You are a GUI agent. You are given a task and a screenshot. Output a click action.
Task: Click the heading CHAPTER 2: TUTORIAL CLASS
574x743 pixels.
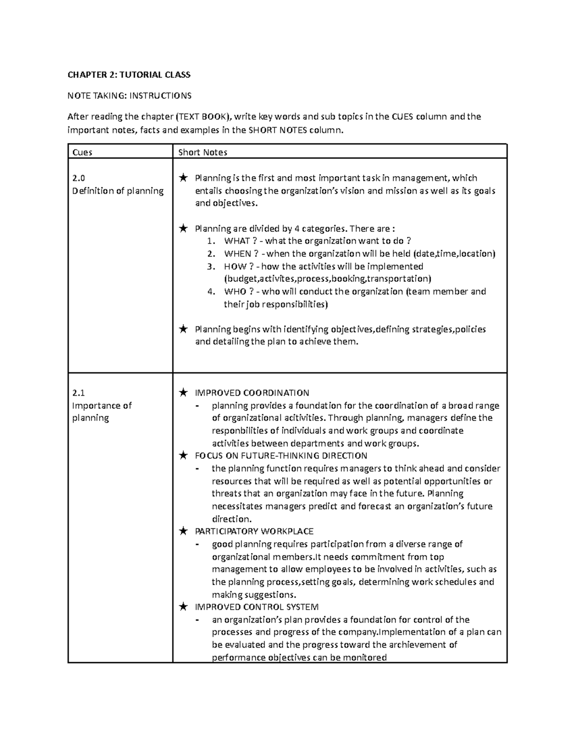[x=129, y=75]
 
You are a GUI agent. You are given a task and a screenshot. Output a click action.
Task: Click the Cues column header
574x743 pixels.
[x=82, y=152]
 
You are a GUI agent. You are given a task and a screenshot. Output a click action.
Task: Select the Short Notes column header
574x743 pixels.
[x=202, y=152]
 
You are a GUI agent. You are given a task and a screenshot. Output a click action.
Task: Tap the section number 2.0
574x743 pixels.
[x=78, y=178]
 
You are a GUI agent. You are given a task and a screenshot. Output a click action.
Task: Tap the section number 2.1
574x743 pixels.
[x=78, y=393]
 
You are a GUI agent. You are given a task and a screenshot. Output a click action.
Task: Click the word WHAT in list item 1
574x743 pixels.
[x=237, y=241]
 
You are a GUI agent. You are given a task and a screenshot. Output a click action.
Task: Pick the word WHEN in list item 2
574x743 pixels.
[x=238, y=254]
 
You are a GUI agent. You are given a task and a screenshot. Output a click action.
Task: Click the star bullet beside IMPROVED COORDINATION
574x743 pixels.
[x=183, y=393]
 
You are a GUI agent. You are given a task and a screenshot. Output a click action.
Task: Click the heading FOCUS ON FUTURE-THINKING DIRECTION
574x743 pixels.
[x=281, y=455]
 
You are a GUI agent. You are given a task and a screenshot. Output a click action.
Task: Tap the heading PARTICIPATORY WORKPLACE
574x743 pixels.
[x=254, y=531]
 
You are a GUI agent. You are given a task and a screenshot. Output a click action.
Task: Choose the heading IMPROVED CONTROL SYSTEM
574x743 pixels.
[x=256, y=607]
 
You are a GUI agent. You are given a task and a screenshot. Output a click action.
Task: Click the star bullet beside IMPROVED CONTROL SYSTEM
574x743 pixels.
[x=183, y=607]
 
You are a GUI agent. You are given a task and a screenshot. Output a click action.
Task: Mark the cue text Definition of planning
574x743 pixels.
[x=118, y=191]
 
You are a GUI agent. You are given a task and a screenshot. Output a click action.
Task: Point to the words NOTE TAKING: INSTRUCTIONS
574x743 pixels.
[x=129, y=96]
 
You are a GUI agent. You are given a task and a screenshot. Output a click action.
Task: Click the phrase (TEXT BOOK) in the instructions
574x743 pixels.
[x=204, y=117]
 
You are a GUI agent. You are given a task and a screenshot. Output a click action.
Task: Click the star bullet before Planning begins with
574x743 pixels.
[x=183, y=329]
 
